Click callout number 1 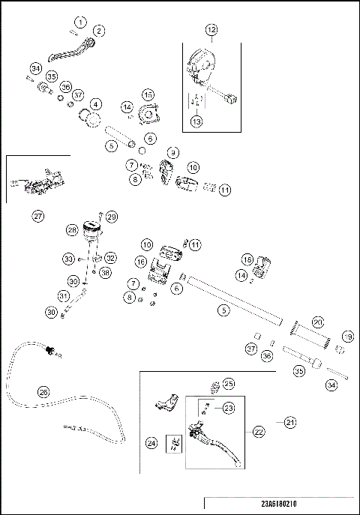click(80, 22)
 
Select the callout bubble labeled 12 click(211, 30)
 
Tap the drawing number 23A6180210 click(279, 504)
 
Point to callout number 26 click(43, 392)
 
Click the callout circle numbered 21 click(290, 422)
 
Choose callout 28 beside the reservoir click(72, 230)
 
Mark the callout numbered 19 click(348, 337)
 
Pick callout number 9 click(173, 152)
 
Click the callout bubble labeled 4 click(95, 104)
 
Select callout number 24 click(151, 443)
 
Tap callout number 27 click(38, 216)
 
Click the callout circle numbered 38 click(105, 272)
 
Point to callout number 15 click(148, 95)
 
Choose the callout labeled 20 click(318, 322)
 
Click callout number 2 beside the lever click(99, 31)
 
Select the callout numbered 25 click(229, 384)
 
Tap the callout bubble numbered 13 click(196, 121)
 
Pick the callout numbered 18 click(247, 260)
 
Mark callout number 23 click(229, 408)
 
